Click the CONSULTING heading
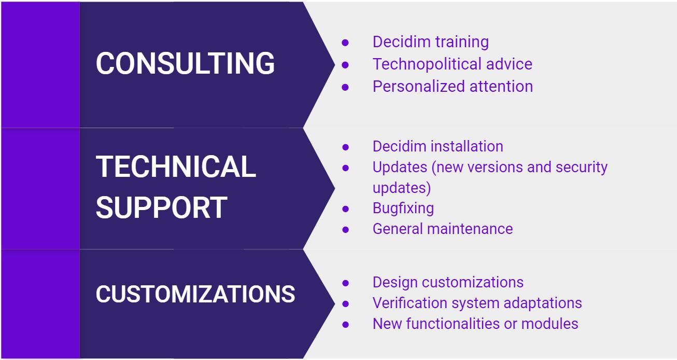(x=185, y=63)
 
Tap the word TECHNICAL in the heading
(x=176, y=167)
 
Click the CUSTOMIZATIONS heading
(x=195, y=294)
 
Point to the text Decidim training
(x=431, y=41)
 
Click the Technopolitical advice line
(x=453, y=64)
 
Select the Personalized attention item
(x=453, y=86)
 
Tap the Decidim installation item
(x=438, y=146)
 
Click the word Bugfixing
(x=403, y=209)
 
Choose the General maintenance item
(x=443, y=229)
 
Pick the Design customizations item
(x=448, y=282)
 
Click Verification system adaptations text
(x=477, y=303)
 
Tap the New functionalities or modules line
(x=475, y=324)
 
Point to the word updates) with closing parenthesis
(x=402, y=188)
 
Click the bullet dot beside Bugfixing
(x=345, y=209)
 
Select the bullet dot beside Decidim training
(x=345, y=43)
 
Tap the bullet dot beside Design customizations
(x=345, y=283)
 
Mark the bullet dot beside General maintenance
(x=345, y=229)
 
